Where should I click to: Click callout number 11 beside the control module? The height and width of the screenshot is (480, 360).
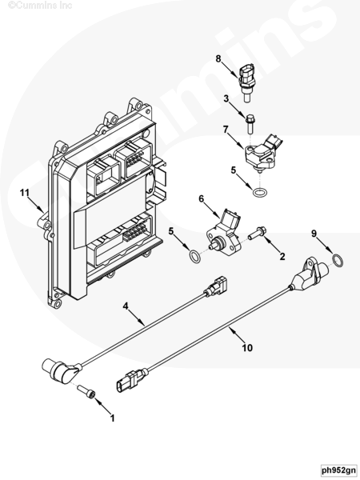25,193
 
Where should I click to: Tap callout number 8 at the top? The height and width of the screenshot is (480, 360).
218,58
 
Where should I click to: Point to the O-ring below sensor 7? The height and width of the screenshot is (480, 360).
260,193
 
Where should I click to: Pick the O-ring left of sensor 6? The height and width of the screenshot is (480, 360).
194,256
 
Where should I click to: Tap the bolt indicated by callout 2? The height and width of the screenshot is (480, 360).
257,234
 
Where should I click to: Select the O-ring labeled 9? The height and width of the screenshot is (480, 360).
338,260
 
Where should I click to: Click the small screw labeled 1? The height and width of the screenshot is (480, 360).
86,391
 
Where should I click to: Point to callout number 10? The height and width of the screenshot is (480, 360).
247,348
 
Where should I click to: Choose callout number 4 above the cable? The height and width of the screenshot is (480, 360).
126,306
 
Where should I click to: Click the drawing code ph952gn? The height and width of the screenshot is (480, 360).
339,470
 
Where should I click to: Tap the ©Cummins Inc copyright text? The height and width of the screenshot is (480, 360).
40,6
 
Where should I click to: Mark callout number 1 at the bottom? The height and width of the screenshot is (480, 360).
112,418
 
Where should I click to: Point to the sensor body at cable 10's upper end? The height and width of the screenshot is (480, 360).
308,274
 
